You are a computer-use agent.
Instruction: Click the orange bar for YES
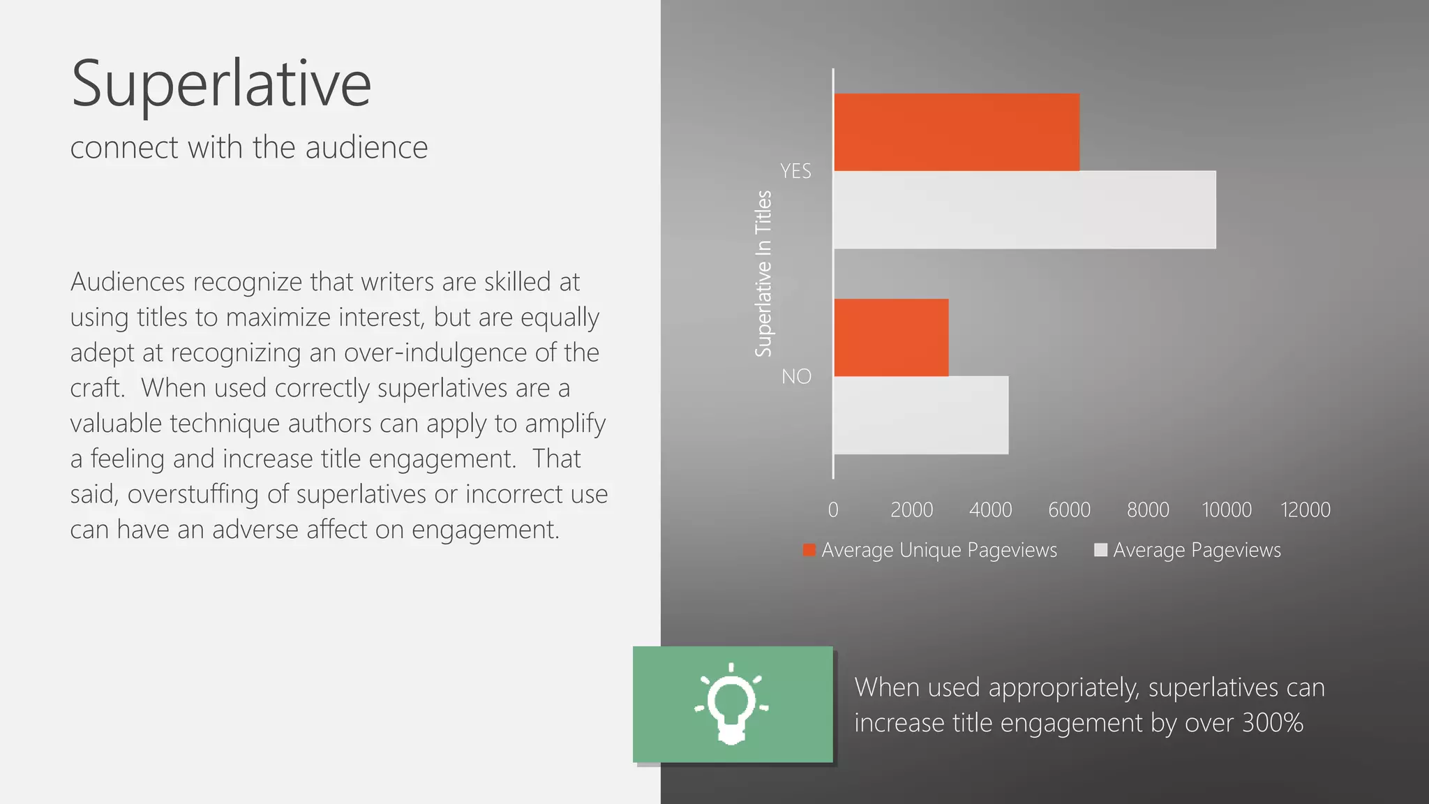tap(956, 132)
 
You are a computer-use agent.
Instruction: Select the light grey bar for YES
tap(1024, 209)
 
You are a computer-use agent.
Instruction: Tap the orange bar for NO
tap(891, 338)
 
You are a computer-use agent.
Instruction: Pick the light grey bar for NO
tap(921, 415)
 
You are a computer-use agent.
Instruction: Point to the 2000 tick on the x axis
tap(911, 510)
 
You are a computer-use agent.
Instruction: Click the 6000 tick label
tap(1069, 510)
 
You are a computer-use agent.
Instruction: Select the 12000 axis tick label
tap(1305, 510)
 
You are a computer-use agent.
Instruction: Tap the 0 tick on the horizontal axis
tap(833, 510)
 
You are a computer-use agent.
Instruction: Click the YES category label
tap(795, 171)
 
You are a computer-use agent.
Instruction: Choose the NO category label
tap(796, 377)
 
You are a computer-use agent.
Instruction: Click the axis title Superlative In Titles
tap(763, 274)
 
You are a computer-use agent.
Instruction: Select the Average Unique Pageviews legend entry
tap(938, 551)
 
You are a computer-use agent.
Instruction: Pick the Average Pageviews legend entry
tap(1197, 551)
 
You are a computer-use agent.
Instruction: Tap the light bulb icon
tap(731, 703)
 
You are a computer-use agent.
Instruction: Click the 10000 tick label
tap(1226, 510)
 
